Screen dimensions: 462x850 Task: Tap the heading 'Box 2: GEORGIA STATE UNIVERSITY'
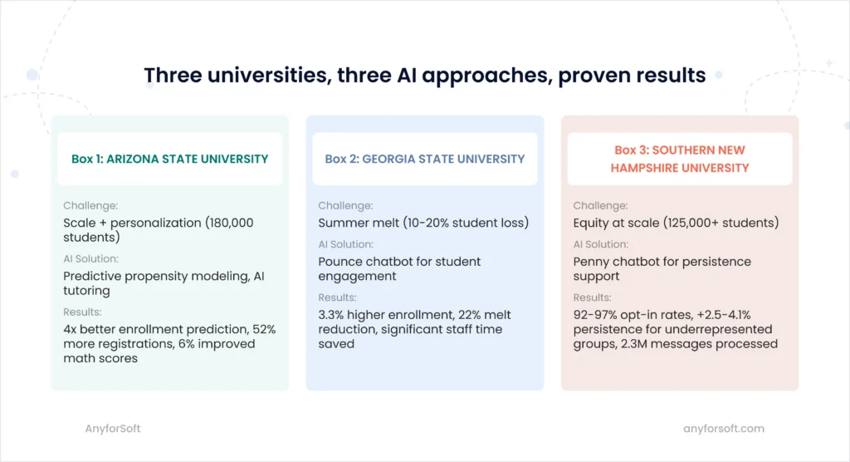(425, 159)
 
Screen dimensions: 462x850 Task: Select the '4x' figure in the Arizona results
(71, 329)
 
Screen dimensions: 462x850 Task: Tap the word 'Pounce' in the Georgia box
(340, 262)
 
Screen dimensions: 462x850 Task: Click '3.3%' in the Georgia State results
(333, 314)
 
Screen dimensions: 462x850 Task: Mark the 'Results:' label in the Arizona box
(82, 312)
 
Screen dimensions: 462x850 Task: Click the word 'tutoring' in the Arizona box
(88, 291)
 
